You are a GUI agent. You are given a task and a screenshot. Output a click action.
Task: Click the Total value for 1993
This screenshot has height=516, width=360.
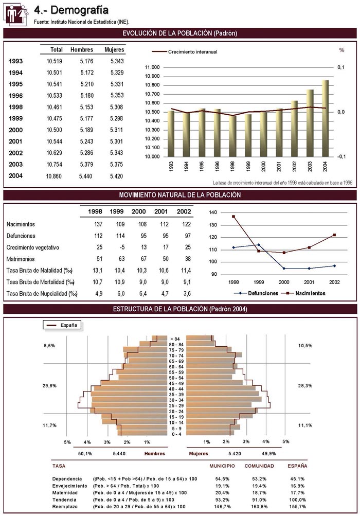point(54,61)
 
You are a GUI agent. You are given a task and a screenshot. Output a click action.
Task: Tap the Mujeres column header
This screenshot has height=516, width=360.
point(114,50)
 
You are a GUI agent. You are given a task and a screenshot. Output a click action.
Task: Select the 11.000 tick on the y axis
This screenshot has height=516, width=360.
point(153,67)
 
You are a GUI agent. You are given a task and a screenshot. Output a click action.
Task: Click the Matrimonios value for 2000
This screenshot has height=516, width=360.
point(141,259)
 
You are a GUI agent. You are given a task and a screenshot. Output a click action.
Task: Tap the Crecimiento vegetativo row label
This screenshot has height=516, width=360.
point(32,247)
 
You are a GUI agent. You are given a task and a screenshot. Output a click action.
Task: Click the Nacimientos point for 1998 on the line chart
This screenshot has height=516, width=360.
point(233,217)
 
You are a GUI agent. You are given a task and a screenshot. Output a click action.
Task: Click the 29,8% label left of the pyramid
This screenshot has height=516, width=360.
point(50,385)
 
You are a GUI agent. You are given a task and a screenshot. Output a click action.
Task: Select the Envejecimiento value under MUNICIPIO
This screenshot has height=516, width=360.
point(222,486)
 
